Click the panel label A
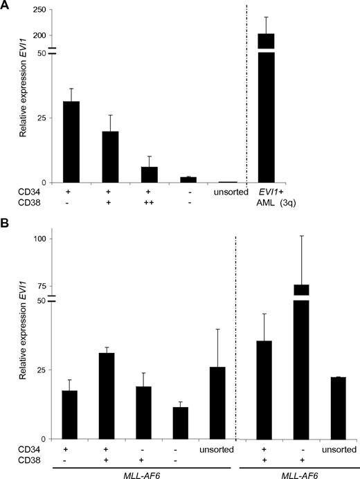tap(7, 6)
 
